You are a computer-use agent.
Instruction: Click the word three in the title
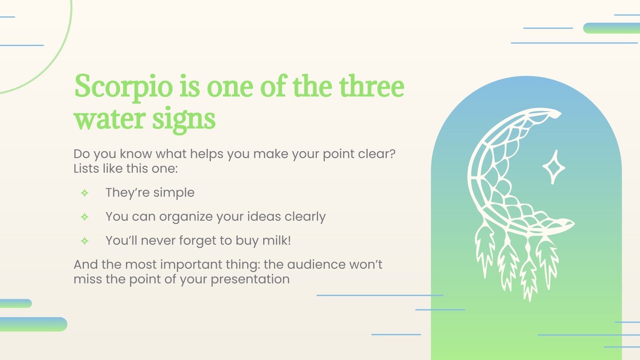point(372,86)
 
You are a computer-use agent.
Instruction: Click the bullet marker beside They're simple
point(85,193)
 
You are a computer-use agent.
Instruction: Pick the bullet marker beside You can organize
point(85,217)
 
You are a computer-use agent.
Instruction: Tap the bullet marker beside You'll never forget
point(85,241)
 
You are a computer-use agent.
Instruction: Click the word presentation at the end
point(250,279)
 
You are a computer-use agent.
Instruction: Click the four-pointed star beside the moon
point(554,167)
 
